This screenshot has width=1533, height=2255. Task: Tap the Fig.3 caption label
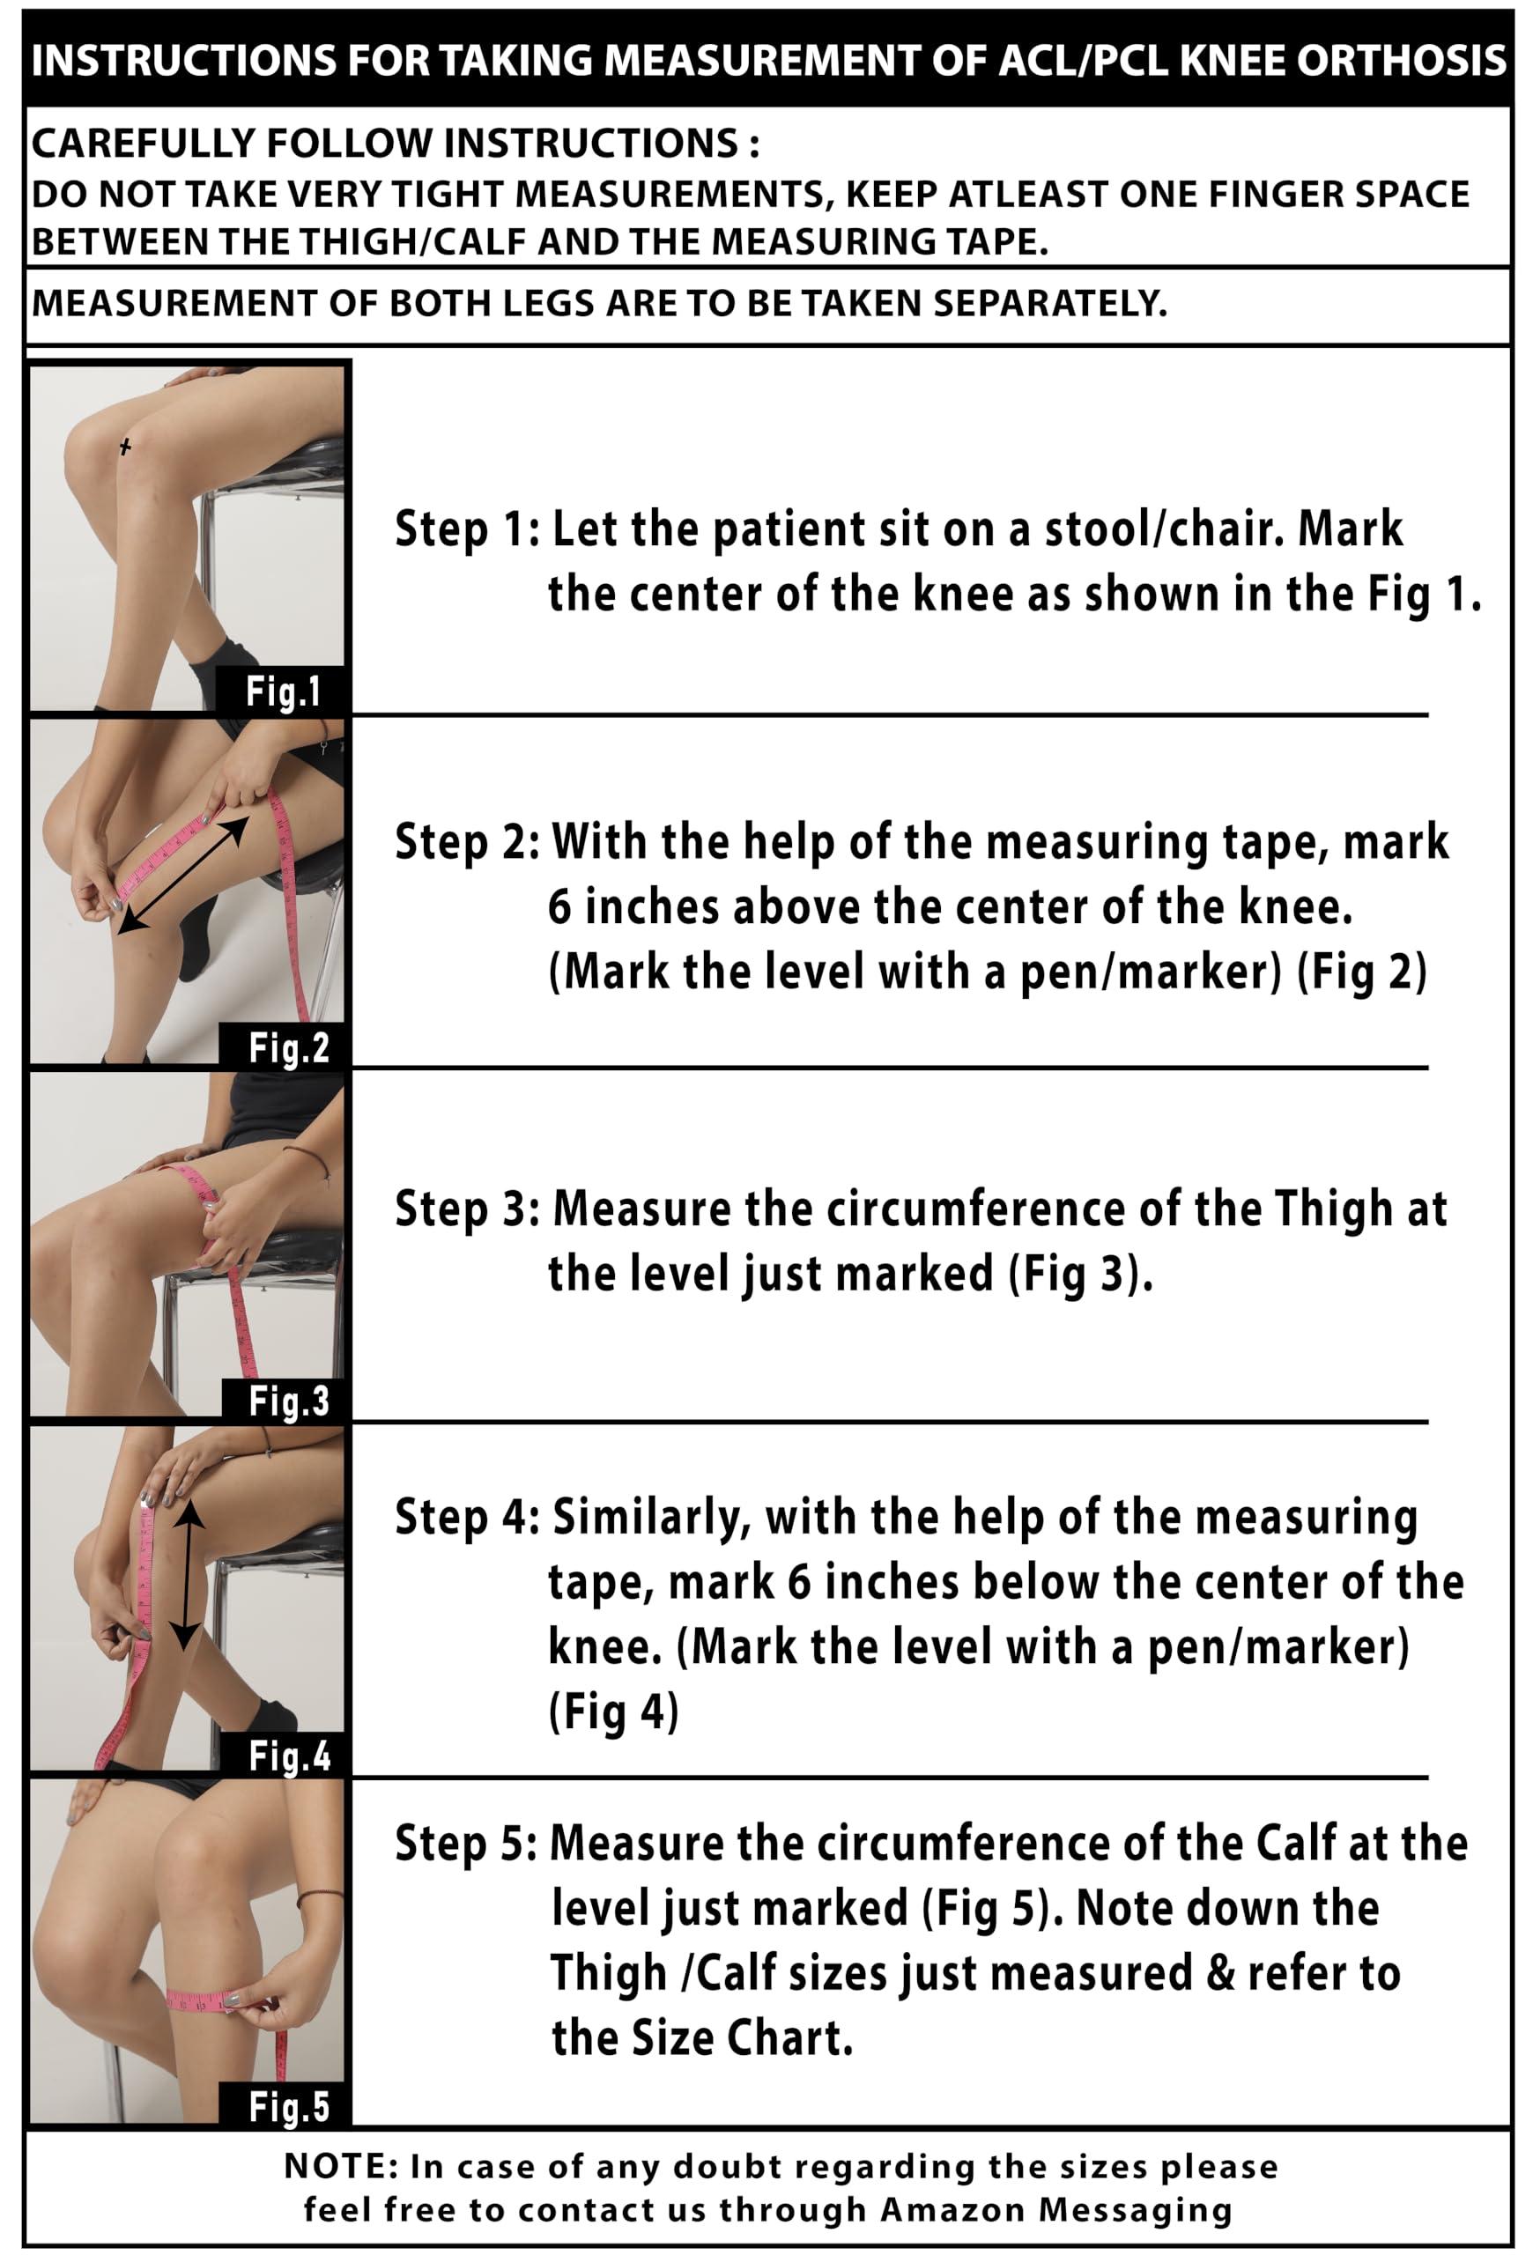coord(288,1401)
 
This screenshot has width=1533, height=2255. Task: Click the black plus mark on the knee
coord(124,447)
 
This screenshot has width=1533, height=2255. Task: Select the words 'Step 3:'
coord(467,1210)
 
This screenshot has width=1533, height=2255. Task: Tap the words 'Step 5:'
coord(467,1845)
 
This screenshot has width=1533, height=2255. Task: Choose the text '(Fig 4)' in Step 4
coord(614,1712)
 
